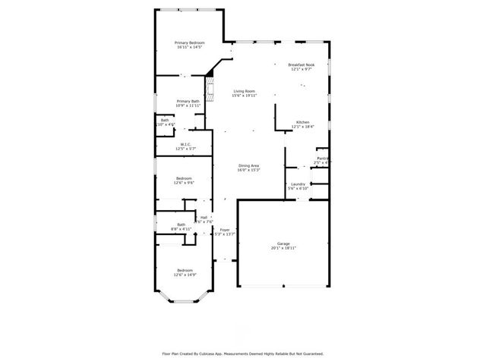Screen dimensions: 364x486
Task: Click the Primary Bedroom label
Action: pos(189,42)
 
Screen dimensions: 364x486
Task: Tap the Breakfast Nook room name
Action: pos(302,64)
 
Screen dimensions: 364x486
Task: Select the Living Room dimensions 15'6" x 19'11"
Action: pos(245,95)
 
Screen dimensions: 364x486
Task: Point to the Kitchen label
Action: pos(302,122)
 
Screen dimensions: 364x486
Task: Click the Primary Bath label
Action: pos(188,101)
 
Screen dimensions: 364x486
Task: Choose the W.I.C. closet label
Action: pos(185,144)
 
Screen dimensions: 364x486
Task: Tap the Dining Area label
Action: pos(249,165)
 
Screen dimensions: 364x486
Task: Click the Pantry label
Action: pos(322,158)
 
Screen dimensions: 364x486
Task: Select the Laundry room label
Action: pos(298,184)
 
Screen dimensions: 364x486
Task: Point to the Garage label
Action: pos(282,243)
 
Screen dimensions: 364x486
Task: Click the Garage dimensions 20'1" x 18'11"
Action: pos(282,248)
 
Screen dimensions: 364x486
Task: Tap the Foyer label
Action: pos(225,230)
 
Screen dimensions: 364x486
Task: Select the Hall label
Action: pos(204,217)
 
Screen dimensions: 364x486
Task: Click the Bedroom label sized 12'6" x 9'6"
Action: pos(185,178)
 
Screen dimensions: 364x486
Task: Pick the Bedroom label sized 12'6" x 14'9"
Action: pos(185,270)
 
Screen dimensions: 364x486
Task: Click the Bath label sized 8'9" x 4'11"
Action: pos(181,224)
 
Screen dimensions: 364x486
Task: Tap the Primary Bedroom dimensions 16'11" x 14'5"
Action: pos(189,47)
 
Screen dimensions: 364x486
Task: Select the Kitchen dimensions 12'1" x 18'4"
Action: pos(302,127)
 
